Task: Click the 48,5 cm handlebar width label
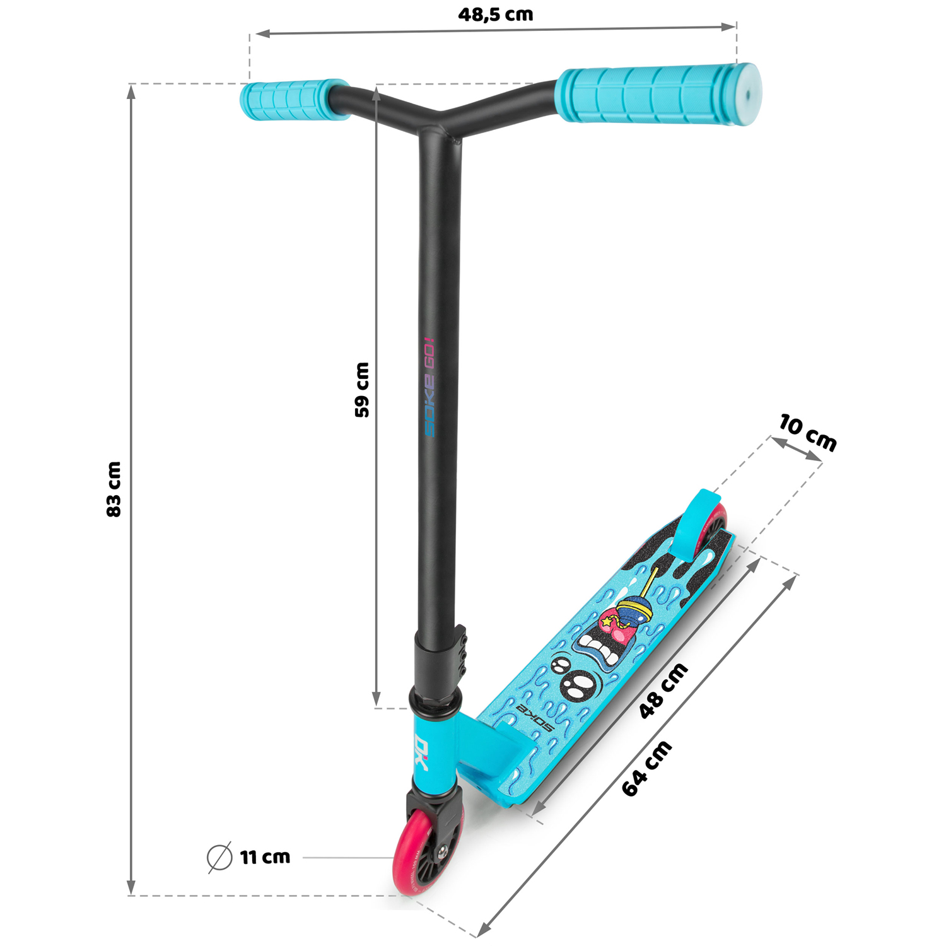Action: (496, 14)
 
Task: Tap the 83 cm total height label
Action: (114, 489)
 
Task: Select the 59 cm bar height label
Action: (362, 390)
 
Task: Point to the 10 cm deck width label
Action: (808, 433)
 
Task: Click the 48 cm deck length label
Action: (663, 691)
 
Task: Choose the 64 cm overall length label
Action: (647, 768)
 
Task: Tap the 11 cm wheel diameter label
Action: (265, 857)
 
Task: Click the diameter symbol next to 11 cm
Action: (219, 857)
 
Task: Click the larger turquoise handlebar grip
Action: (658, 95)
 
